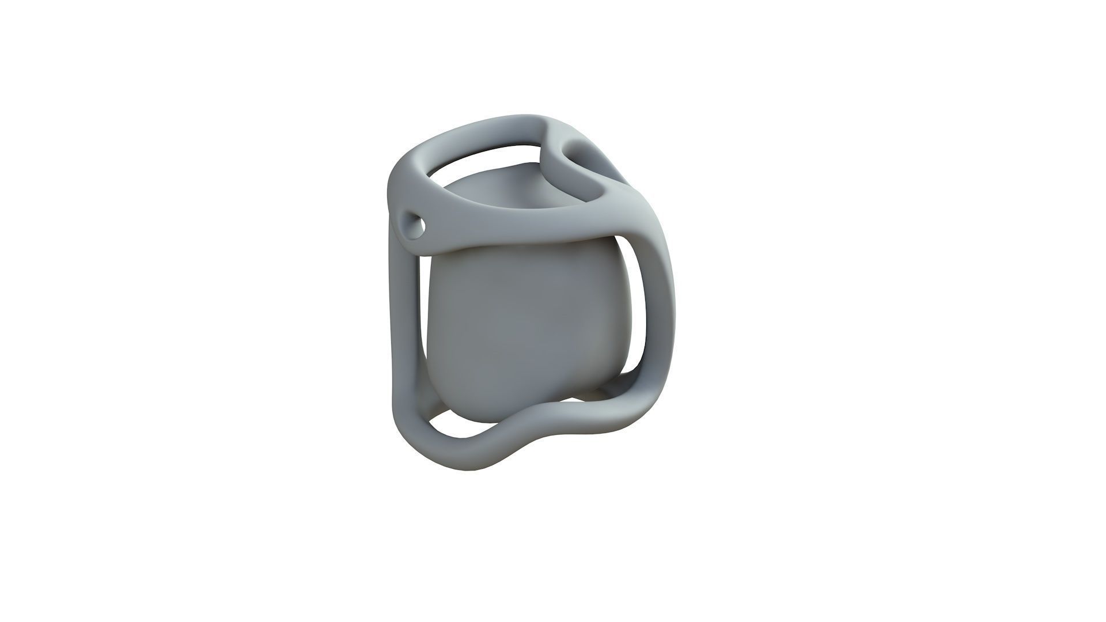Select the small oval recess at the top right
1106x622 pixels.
coord(582,155)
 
